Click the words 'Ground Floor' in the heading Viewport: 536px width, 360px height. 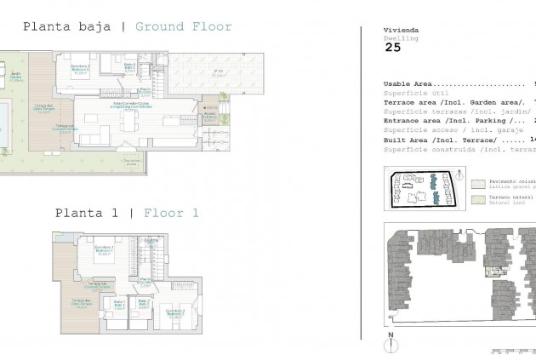pos(184,26)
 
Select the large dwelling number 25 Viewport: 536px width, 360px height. pos(392,47)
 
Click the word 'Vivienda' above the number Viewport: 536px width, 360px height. pos(396,29)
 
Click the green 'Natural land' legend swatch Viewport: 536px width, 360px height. pos(479,199)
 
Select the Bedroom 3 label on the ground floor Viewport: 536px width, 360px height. pos(80,67)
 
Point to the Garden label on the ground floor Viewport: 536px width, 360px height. pos(14,77)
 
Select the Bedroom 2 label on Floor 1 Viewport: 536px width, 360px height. pos(174,312)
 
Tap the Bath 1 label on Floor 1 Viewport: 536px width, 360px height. pos(118,304)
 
